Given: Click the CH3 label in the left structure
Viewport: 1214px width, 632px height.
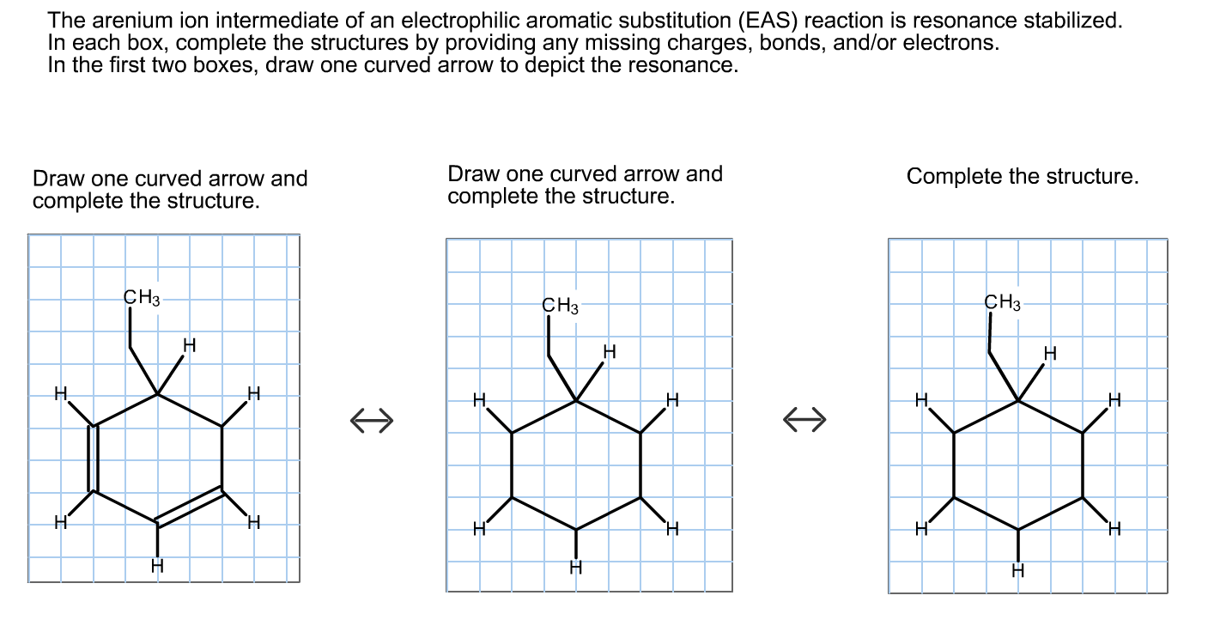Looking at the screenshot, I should (x=142, y=298).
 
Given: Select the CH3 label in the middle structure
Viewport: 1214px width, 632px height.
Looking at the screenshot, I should (x=561, y=306).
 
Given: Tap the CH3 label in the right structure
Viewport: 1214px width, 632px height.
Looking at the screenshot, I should (x=1003, y=302).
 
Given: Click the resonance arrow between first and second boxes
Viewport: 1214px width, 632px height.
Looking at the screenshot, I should (x=372, y=420).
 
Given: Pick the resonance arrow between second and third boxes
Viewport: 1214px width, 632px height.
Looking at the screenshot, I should (x=804, y=419).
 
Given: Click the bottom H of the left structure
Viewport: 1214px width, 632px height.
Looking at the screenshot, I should (x=157, y=565).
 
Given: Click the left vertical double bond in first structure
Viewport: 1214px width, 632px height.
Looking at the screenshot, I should (x=94, y=459).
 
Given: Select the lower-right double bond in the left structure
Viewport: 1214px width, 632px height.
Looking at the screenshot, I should (x=191, y=507).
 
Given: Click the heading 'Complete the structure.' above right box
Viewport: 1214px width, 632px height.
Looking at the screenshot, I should (x=1023, y=177).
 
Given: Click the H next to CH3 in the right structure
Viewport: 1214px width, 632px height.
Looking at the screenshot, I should (x=1049, y=353).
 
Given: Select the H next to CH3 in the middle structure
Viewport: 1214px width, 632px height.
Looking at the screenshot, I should (x=610, y=351).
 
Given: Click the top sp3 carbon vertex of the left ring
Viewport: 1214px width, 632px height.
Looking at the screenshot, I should (x=158, y=394).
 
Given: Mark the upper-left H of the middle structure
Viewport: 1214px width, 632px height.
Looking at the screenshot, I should (x=480, y=401).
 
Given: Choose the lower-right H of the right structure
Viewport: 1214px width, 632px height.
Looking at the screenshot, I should (x=1114, y=528).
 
